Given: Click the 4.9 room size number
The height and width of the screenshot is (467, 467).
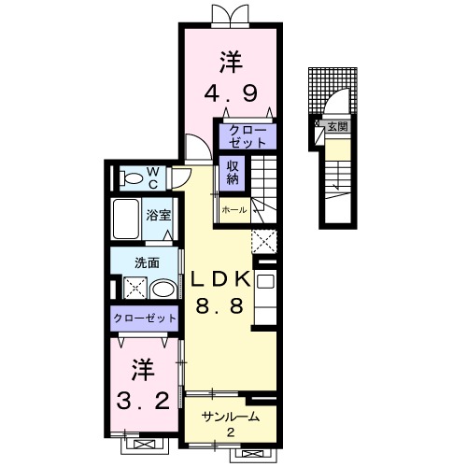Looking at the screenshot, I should [231, 93].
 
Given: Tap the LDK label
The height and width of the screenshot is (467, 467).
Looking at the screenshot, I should [221, 277].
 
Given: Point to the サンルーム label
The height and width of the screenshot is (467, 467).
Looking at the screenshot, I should [230, 417].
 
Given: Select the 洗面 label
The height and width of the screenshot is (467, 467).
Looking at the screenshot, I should [146, 262].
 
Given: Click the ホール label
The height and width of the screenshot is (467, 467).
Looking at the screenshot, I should [234, 210].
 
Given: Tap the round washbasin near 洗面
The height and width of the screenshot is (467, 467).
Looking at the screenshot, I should [163, 290].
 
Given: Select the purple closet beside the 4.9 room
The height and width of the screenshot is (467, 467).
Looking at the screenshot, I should [248, 136].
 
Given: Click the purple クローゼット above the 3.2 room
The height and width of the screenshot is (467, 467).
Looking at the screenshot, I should [145, 318].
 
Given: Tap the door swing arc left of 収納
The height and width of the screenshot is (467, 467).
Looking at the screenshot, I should [197, 147].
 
